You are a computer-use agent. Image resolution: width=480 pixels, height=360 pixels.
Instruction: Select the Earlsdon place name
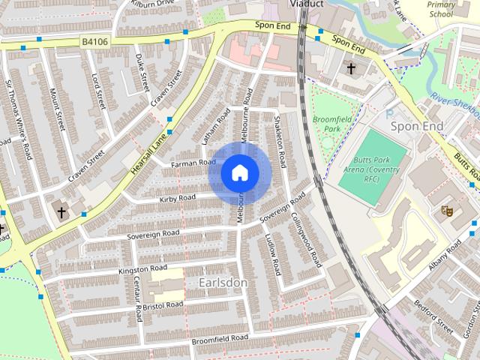click(x=223, y=282)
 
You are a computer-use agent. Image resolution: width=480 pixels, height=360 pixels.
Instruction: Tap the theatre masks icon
click(x=446, y=211)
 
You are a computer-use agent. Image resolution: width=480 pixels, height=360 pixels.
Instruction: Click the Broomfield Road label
click(x=219, y=339)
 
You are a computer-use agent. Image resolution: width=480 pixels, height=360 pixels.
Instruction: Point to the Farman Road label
click(x=193, y=163)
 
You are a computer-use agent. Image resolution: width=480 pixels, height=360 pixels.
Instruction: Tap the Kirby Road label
click(x=177, y=199)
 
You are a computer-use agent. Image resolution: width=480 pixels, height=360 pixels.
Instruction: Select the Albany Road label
click(x=445, y=256)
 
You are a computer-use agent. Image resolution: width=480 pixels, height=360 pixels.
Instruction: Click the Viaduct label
click(x=306, y=4)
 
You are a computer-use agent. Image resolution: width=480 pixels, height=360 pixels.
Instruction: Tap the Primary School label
click(x=441, y=8)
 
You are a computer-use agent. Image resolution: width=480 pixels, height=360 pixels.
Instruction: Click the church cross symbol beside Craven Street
click(x=61, y=213)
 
